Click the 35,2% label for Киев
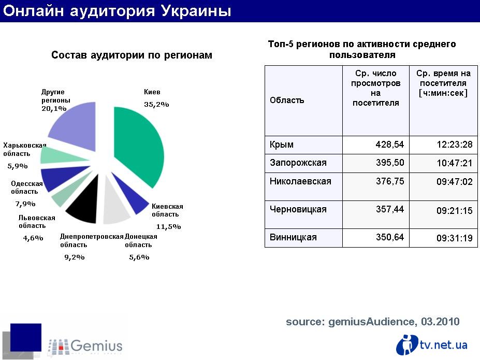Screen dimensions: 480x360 pyautogui.click(x=156, y=105)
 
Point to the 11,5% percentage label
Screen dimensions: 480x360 pyautogui.click(x=168, y=226)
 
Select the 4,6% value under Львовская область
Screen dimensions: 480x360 pyautogui.click(x=33, y=238)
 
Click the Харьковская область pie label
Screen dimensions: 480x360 pyautogui.click(x=24, y=149)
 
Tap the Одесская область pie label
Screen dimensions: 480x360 pyautogui.click(x=26, y=188)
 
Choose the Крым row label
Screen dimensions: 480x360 pyautogui.click(x=281, y=145)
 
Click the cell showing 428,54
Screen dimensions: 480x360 pyautogui.click(x=390, y=145)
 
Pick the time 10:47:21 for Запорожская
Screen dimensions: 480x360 pyautogui.click(x=455, y=163)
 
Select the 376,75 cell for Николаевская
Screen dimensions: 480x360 pyautogui.click(x=390, y=181)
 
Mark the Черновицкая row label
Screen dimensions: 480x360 pyautogui.click(x=298, y=209)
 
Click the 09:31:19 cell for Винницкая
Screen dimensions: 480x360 pyautogui.click(x=455, y=238)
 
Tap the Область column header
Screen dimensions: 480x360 pyautogui.click(x=287, y=100)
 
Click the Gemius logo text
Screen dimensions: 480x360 pyautogui.click(x=96, y=346)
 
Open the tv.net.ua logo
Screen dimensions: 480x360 pyautogui.click(x=432, y=344)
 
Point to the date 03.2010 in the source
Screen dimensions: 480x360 pyautogui.click(x=440, y=322)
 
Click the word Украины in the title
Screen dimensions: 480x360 pyautogui.click(x=196, y=11)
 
